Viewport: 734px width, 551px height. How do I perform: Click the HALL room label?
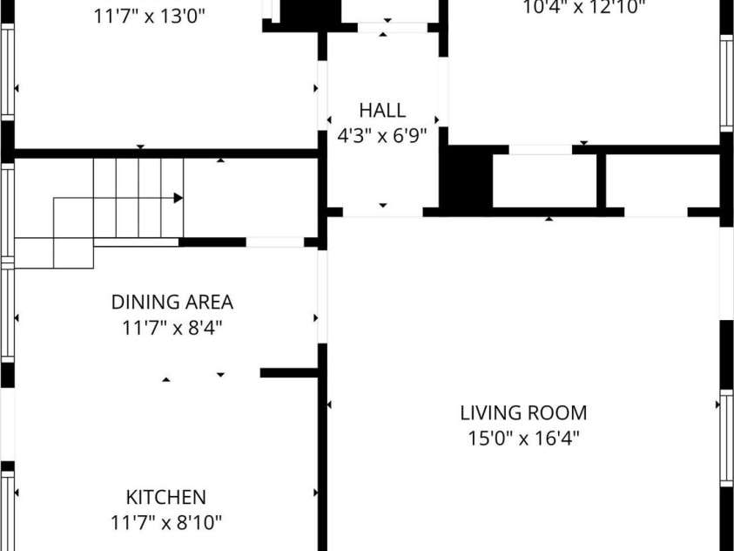coord(382,111)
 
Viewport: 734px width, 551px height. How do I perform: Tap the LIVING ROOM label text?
coord(523,413)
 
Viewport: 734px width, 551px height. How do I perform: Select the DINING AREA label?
coord(172,303)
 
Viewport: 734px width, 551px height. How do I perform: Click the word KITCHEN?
coord(166,497)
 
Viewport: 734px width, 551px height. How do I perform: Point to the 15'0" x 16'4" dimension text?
coord(524,439)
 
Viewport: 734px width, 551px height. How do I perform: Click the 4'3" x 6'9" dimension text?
coord(382,136)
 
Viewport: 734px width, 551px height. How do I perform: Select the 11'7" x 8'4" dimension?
coord(172,328)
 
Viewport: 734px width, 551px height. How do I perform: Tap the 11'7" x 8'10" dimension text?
coord(166,522)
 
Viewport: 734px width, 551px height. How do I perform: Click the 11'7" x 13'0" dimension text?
coord(150,17)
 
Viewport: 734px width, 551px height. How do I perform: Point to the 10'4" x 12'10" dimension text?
coord(583,8)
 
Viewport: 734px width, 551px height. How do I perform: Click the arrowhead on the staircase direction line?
coord(178,198)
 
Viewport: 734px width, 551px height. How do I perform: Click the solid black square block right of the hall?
coord(466,178)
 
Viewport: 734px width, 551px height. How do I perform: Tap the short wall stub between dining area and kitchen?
coord(289,373)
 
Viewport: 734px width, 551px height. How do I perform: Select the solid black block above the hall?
coord(310,13)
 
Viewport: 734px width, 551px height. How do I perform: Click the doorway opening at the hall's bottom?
coord(383,212)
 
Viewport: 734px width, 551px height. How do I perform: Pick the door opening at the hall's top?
coord(393,27)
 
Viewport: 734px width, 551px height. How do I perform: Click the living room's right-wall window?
coord(726,438)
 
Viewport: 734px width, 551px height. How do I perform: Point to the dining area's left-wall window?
coord(8,312)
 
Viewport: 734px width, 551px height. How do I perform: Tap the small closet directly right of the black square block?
coord(544,180)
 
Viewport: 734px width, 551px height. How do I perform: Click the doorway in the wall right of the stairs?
coord(275,242)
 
